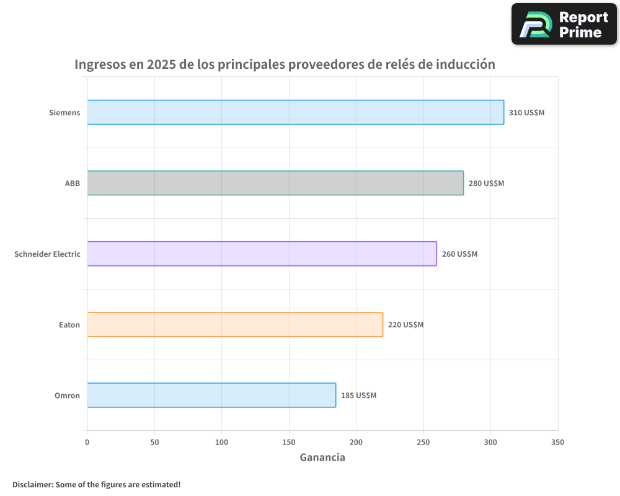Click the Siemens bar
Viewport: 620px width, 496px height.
click(295, 112)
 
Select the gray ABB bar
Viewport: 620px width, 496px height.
click(275, 183)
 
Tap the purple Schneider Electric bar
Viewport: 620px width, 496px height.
click(262, 254)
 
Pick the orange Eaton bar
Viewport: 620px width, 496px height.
click(235, 324)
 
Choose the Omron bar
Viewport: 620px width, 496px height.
click(211, 395)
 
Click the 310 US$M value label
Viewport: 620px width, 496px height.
click(526, 113)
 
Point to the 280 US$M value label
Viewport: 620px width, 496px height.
click(486, 184)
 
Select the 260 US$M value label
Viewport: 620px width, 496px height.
click(459, 254)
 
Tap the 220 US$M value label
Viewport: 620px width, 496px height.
click(405, 325)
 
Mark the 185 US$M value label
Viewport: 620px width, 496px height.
click(358, 396)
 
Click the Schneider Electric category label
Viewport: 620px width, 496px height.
click(47, 254)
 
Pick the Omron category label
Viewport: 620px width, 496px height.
click(67, 396)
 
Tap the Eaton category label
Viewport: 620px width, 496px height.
click(69, 325)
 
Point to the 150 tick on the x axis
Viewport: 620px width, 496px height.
click(289, 443)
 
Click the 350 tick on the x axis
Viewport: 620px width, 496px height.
click(557, 443)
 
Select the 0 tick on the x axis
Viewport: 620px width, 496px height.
click(87, 443)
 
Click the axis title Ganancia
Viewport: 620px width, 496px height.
click(322, 458)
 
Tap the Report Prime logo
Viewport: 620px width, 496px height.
click(564, 24)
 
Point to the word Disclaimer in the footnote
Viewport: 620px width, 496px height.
click(32, 484)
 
